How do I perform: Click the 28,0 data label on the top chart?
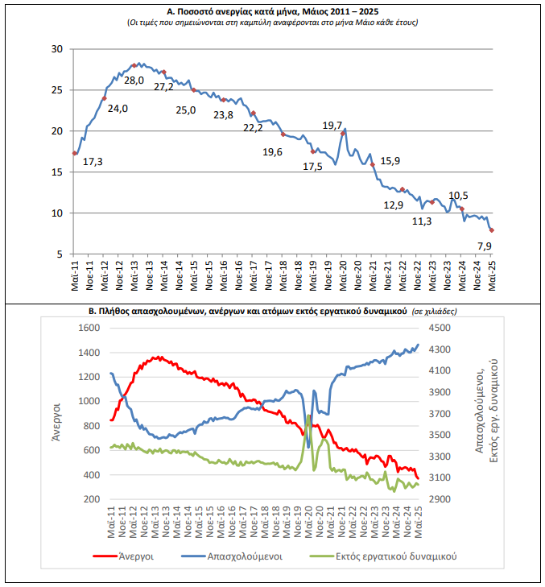point(134,81)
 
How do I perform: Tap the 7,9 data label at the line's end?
point(485,246)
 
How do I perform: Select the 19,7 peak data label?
point(332,126)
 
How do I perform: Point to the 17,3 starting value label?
point(93,162)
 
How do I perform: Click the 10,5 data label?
point(459,196)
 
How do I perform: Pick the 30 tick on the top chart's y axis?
point(56,49)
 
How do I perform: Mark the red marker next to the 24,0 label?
point(105,98)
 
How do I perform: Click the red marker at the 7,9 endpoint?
point(491,230)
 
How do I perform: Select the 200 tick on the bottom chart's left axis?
point(90,499)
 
